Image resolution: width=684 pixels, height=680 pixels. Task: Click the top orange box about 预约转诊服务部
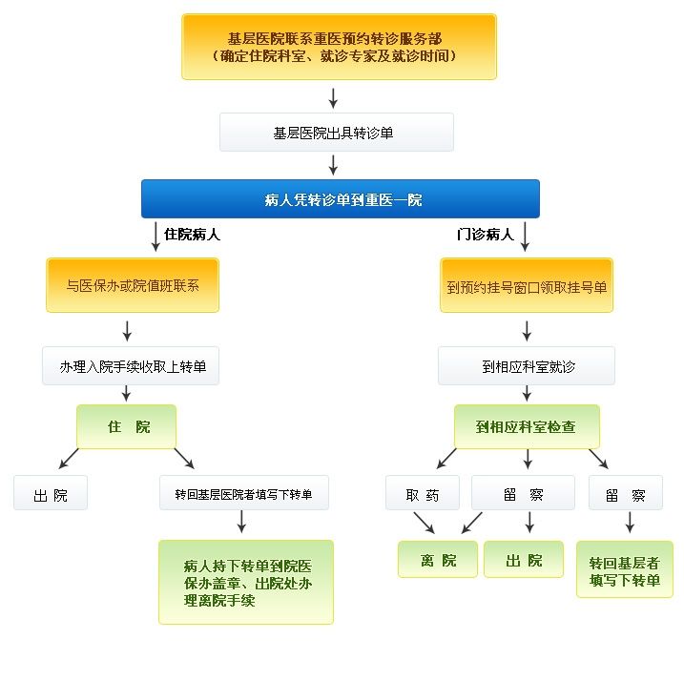[x=339, y=47]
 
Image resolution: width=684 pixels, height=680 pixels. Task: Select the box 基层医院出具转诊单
[x=336, y=134]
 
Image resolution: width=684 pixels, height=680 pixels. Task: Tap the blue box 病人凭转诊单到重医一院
[x=341, y=199]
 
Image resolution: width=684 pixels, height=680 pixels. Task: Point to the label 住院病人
[x=192, y=234]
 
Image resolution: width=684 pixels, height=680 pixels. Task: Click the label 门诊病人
[x=485, y=234]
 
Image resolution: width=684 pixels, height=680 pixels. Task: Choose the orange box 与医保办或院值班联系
[x=133, y=285]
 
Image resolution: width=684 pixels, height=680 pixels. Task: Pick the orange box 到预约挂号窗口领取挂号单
[x=527, y=285]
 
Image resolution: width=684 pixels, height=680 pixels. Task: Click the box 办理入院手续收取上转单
[x=131, y=366]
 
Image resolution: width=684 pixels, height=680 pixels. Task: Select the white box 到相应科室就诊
[x=527, y=366]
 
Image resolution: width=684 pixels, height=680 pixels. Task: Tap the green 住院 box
[x=127, y=426]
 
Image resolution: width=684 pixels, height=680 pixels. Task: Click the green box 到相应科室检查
[x=527, y=426]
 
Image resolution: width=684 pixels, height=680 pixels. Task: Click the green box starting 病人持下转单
[x=246, y=582]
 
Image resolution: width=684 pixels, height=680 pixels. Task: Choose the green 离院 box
[x=437, y=559]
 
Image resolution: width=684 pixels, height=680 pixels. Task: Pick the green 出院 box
[x=523, y=559]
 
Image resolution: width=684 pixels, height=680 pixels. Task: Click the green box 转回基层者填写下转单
[x=624, y=569]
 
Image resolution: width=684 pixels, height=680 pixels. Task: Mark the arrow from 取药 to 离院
[x=423, y=523]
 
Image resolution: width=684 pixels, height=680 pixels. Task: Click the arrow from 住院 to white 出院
[x=69, y=459]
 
